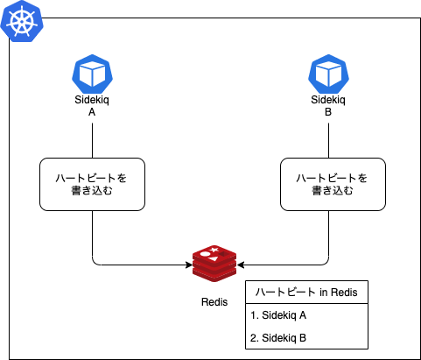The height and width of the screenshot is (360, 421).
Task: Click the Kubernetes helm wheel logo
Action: click(22, 21)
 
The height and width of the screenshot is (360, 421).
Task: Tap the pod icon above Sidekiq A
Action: click(92, 74)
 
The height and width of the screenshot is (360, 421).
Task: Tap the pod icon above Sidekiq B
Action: click(328, 74)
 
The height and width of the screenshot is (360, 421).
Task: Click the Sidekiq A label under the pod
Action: click(92, 106)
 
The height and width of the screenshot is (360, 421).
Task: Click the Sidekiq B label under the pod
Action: click(328, 106)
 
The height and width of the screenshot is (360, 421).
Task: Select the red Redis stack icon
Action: click(214, 264)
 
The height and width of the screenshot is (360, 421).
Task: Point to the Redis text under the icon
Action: click(214, 302)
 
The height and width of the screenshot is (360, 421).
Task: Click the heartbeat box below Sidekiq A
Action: click(92, 184)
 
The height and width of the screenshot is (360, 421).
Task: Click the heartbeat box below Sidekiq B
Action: click(333, 184)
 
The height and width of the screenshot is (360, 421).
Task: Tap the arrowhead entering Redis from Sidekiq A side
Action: click(189, 265)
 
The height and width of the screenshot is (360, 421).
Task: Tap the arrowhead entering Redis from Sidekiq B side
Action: click(241, 265)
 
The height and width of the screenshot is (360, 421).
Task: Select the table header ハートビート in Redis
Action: click(306, 293)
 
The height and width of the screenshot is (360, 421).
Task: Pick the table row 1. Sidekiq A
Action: click(278, 315)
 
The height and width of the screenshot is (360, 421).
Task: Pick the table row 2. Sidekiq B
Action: click(278, 338)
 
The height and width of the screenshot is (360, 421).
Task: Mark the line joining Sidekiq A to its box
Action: click(92, 140)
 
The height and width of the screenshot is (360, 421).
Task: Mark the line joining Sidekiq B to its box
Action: click(329, 140)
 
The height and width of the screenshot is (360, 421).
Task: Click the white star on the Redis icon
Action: click(214, 250)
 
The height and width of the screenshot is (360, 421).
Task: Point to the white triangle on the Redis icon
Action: click(214, 258)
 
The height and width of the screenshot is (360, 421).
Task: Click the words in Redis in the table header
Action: click(339, 293)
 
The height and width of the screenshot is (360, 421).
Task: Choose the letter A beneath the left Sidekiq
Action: click(92, 112)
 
